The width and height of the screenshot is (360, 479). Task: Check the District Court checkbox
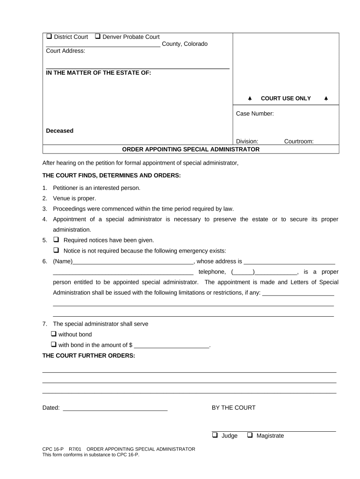(49, 37)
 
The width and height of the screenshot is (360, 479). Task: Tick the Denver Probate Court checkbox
(98, 37)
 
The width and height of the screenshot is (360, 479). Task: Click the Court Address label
(65, 51)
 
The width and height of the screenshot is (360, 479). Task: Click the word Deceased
(59, 131)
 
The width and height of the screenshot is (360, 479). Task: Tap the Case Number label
(255, 114)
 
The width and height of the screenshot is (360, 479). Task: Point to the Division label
(247, 141)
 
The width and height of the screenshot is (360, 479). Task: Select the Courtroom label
(299, 141)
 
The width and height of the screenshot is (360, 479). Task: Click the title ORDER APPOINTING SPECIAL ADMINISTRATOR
(191, 150)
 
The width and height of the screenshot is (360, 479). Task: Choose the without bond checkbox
(53, 334)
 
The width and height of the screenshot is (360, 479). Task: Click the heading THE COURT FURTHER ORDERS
(88, 356)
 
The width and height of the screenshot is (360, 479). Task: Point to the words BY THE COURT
(234, 408)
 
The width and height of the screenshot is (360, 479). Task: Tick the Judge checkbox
(215, 435)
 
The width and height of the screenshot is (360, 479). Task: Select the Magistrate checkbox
(250, 435)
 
